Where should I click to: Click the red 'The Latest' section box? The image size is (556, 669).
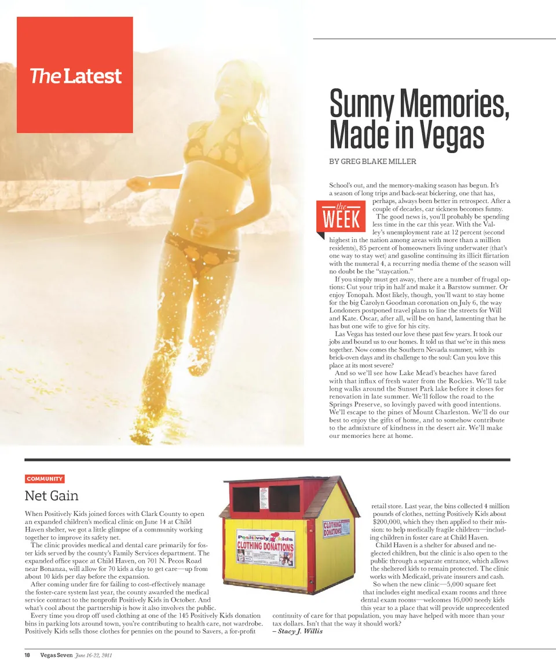(x=75, y=75)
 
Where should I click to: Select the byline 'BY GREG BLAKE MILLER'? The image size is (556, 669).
(x=372, y=161)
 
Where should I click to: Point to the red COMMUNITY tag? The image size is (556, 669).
(x=45, y=479)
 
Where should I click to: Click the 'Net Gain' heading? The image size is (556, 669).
(x=52, y=496)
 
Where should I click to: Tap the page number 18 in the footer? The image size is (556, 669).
(x=27, y=655)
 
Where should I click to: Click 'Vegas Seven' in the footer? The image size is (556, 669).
(x=56, y=655)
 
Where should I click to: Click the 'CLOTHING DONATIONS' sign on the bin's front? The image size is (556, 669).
(x=265, y=547)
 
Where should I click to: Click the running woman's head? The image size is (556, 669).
(x=237, y=87)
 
